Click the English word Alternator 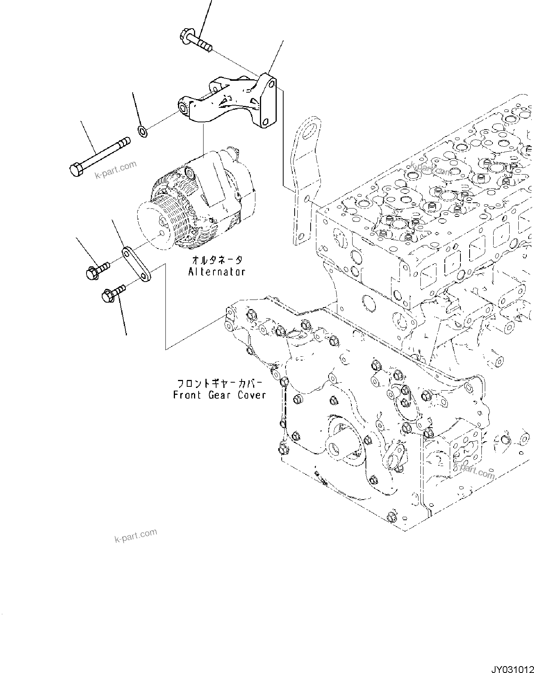pos(216,272)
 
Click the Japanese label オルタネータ pos(216,260)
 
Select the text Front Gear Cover pos(219,395)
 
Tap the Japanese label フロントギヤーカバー pos(220,383)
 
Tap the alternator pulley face pos(151,224)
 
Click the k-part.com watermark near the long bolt pos(115,170)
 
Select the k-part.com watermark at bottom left pos(136,535)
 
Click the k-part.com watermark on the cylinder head pos(431,169)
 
